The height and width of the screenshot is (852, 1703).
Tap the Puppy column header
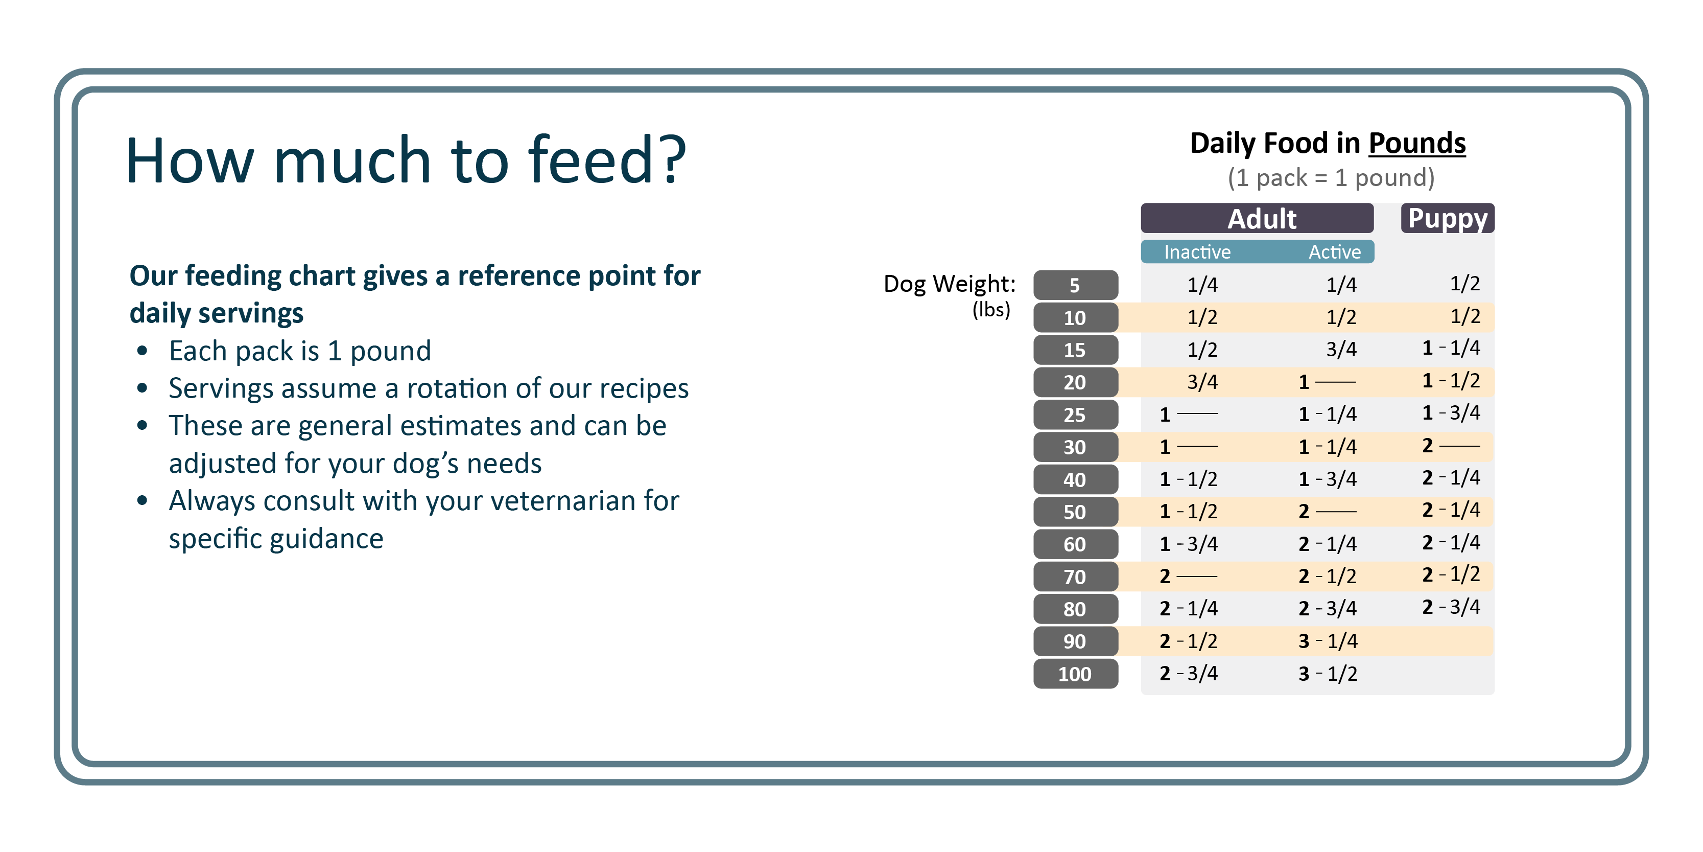point(1448,218)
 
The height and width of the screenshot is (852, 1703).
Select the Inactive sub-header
point(1197,252)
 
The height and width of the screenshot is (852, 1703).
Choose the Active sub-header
point(1335,252)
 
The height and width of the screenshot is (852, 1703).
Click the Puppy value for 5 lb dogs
point(1465,284)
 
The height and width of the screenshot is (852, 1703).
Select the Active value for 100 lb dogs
point(1328,674)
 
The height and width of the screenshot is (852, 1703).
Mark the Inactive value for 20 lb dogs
point(1202,382)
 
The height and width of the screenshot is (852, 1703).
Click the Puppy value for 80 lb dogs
point(1451,607)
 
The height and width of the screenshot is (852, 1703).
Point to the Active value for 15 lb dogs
point(1341,349)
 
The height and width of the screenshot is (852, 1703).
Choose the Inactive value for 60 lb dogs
point(1189,544)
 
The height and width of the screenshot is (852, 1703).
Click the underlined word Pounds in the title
point(1417,144)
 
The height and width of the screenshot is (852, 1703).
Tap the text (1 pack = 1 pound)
point(1331,178)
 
